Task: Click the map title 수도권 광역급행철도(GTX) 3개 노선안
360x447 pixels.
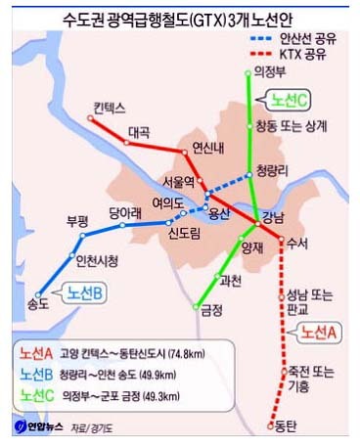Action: pos(180,16)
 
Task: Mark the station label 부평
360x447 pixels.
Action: pos(78,221)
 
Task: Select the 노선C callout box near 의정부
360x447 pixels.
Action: pos(287,100)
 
